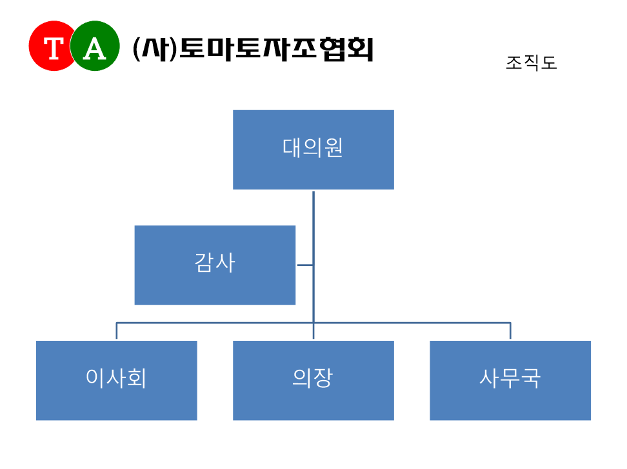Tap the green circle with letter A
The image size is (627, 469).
(95, 46)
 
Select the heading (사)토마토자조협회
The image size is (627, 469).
(253, 49)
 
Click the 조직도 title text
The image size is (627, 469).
(532, 62)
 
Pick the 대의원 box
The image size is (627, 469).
(313, 150)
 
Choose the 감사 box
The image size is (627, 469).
(215, 265)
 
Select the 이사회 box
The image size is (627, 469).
(117, 380)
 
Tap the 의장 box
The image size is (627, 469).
(313, 380)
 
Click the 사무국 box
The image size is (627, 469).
(510, 380)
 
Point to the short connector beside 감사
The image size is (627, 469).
(305, 265)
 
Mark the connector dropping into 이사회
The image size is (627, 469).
(116, 330)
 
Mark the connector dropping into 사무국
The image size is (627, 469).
(510, 330)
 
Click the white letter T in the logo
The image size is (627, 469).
(54, 48)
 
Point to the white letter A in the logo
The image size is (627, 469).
(95, 49)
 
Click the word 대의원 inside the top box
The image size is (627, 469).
(313, 148)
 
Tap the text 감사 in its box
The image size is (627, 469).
(215, 263)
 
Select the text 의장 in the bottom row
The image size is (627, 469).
(313, 378)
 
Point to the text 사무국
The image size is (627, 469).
(510, 378)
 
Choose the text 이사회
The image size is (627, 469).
(116, 378)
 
